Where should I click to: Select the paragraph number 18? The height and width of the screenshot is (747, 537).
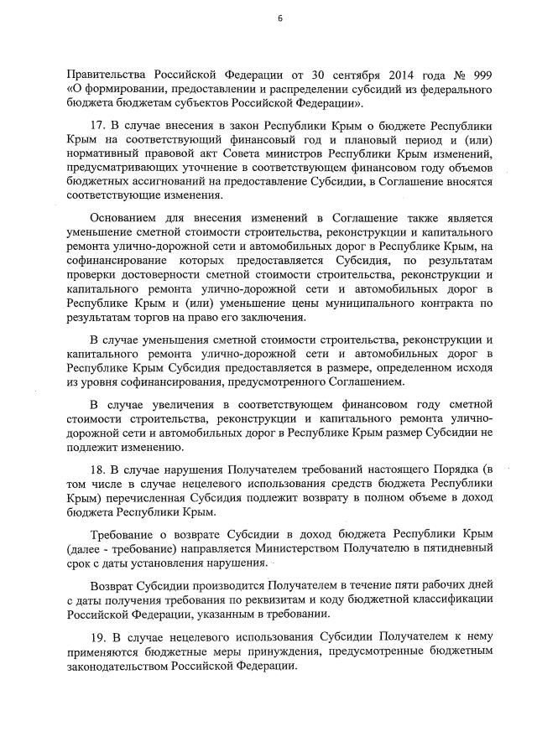[x=96, y=471]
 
